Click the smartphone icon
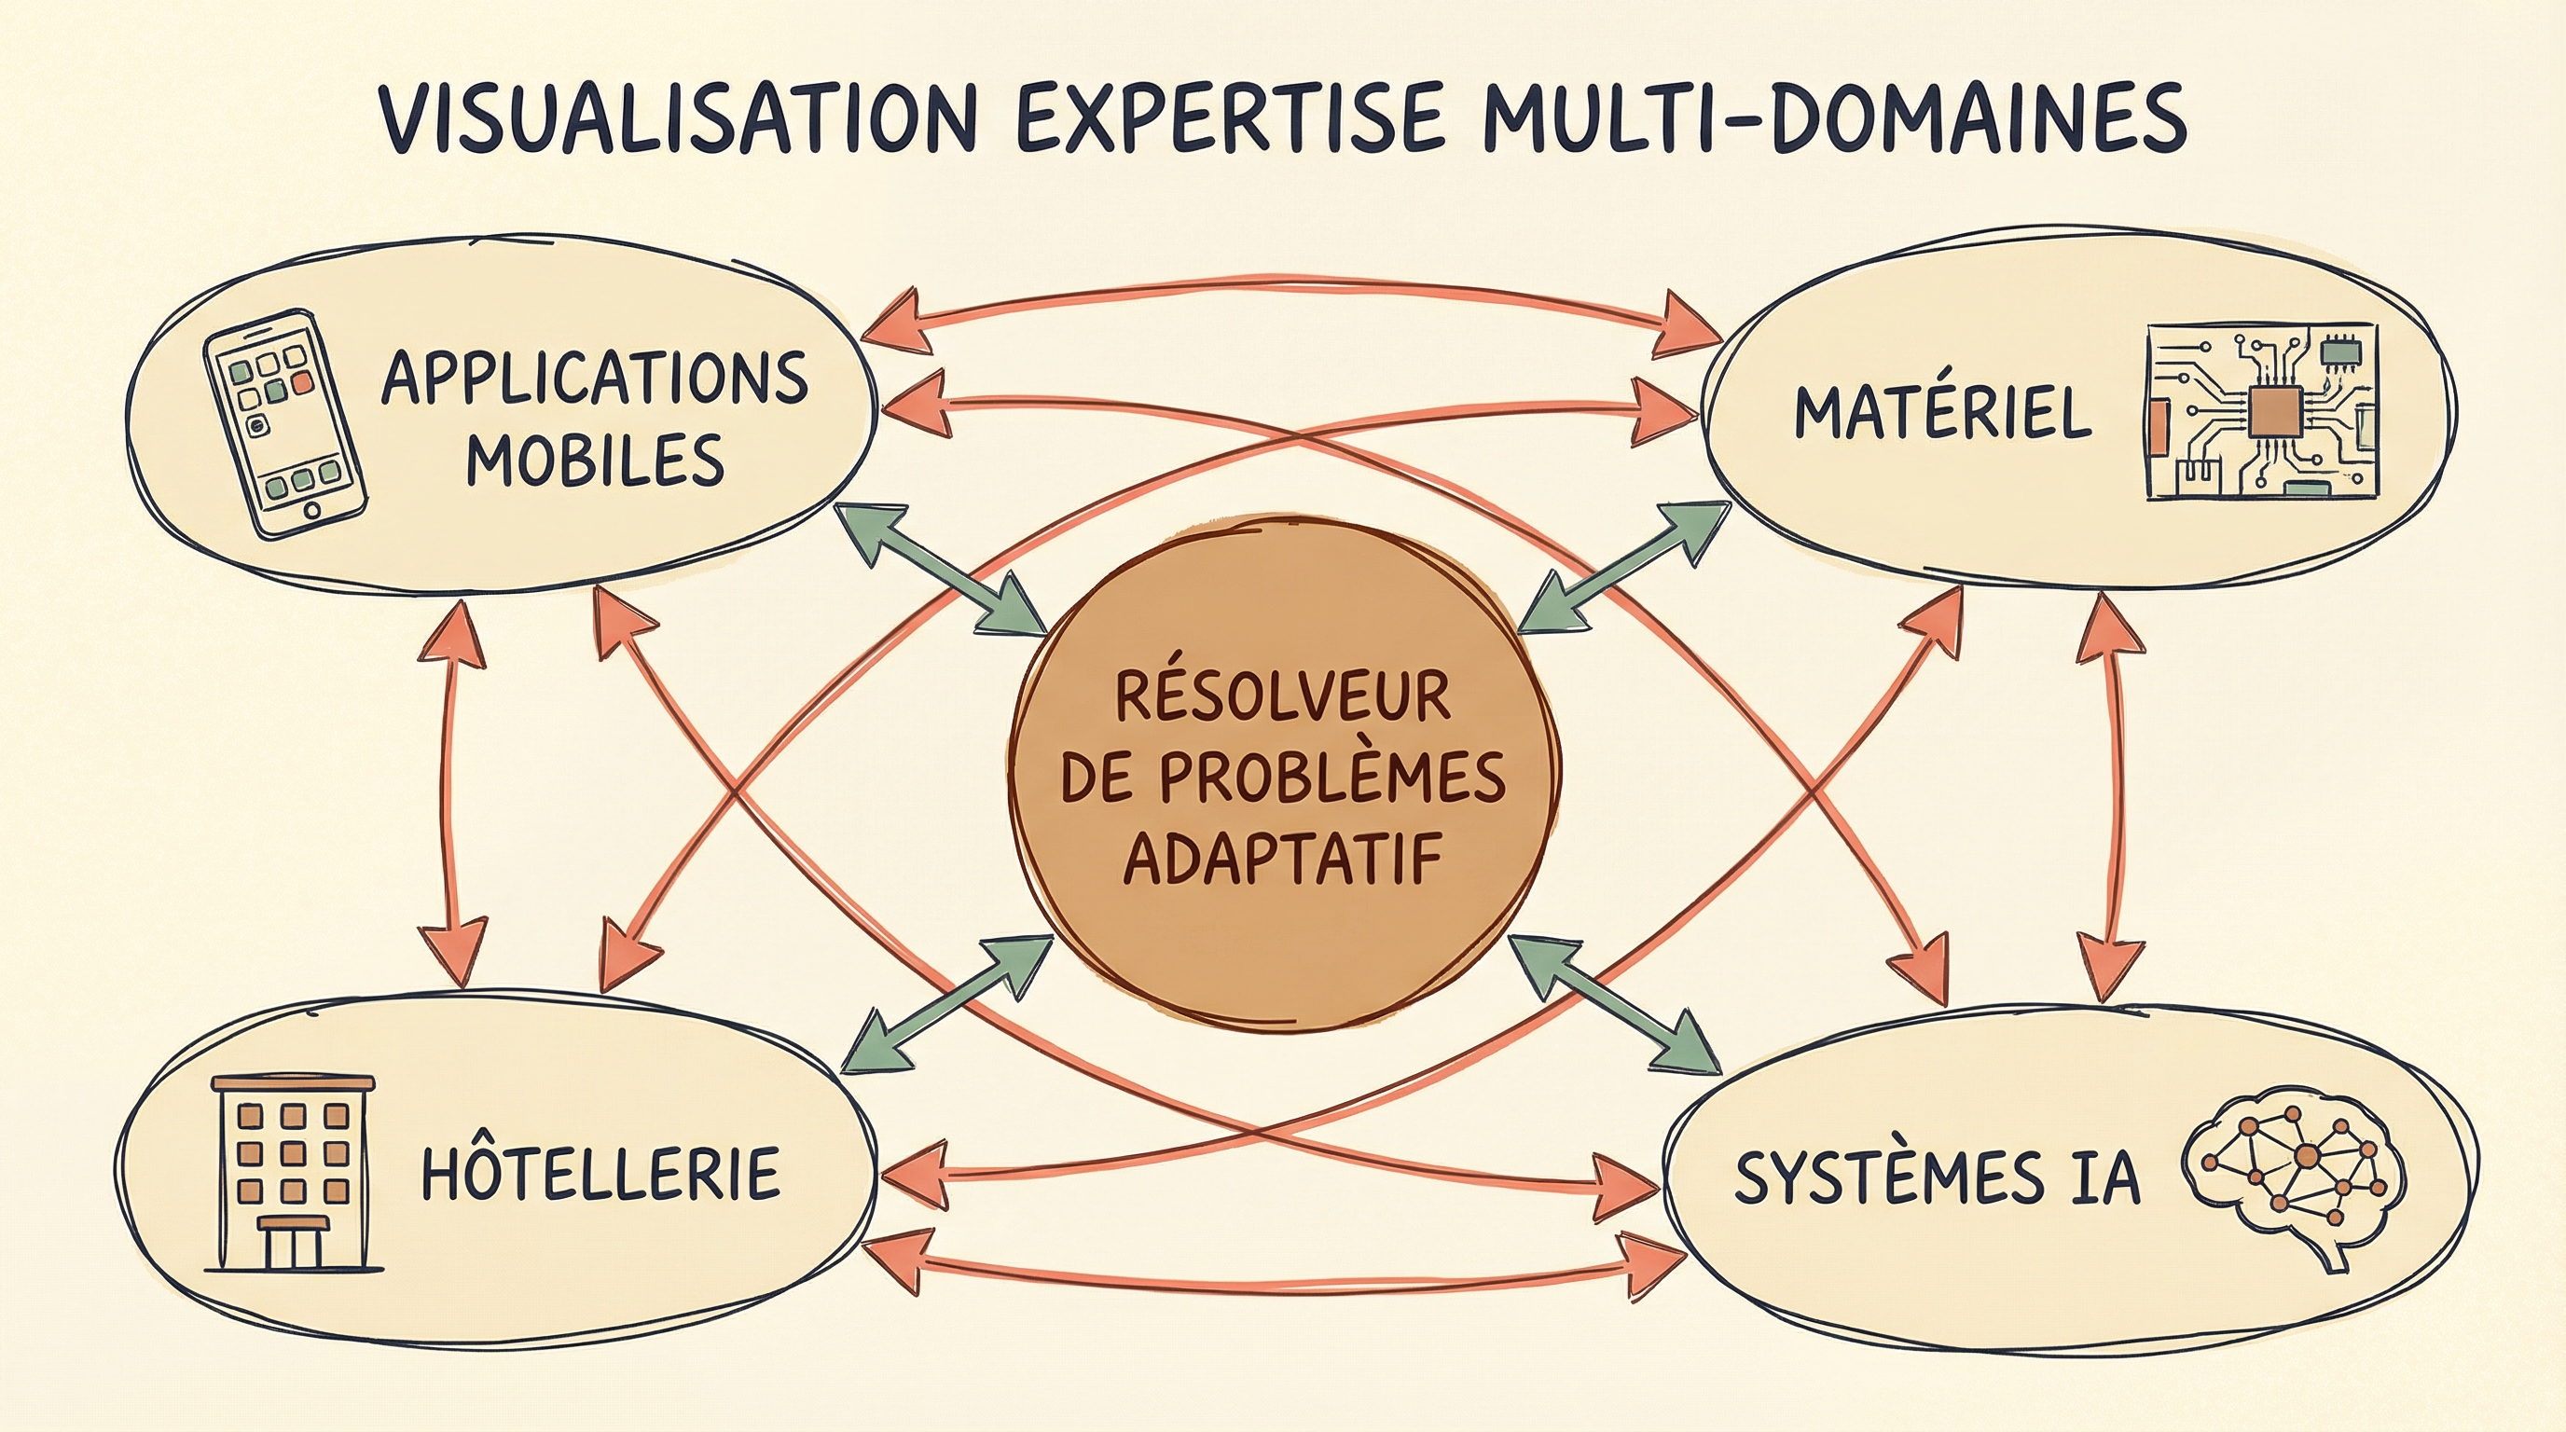(x=283, y=425)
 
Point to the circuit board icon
(x=2258, y=410)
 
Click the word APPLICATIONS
(x=595, y=379)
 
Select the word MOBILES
(x=595, y=460)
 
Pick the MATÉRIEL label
(x=1942, y=412)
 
